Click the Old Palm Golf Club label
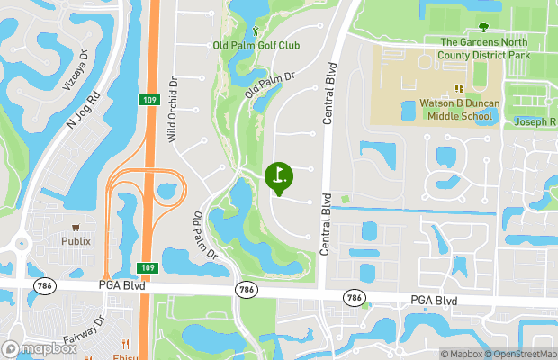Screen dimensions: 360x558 click(x=256, y=45)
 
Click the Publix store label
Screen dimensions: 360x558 click(x=76, y=241)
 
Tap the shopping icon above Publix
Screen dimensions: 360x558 click(x=76, y=227)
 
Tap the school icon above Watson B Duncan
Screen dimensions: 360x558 click(x=458, y=88)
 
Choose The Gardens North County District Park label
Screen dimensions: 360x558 click(x=485, y=49)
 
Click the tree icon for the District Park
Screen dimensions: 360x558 click(x=484, y=27)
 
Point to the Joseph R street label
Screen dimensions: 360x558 click(x=535, y=122)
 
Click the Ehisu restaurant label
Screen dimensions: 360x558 click(x=126, y=355)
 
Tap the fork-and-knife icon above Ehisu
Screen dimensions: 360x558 click(x=126, y=343)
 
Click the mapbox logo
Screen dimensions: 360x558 click(x=39, y=348)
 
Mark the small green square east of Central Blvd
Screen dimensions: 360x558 click(x=345, y=198)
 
